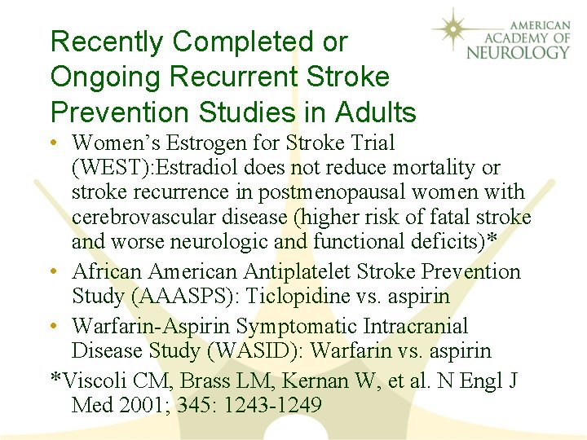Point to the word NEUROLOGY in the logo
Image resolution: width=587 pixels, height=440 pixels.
(x=519, y=52)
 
